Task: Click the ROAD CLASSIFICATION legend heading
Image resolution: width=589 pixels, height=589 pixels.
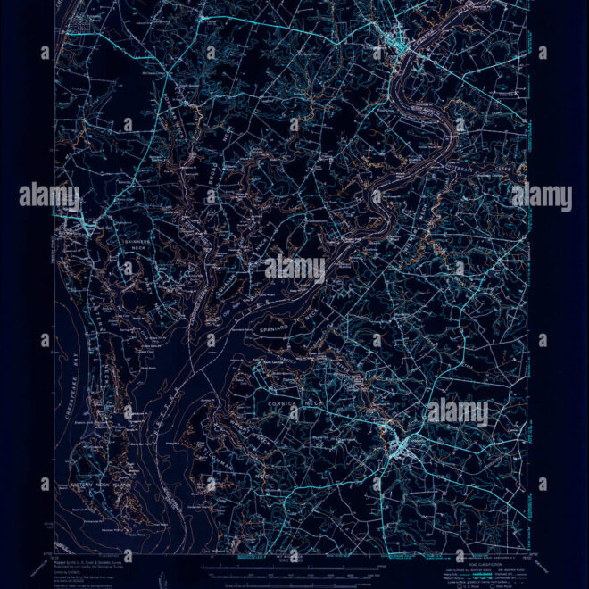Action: pyautogui.click(x=487, y=552)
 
